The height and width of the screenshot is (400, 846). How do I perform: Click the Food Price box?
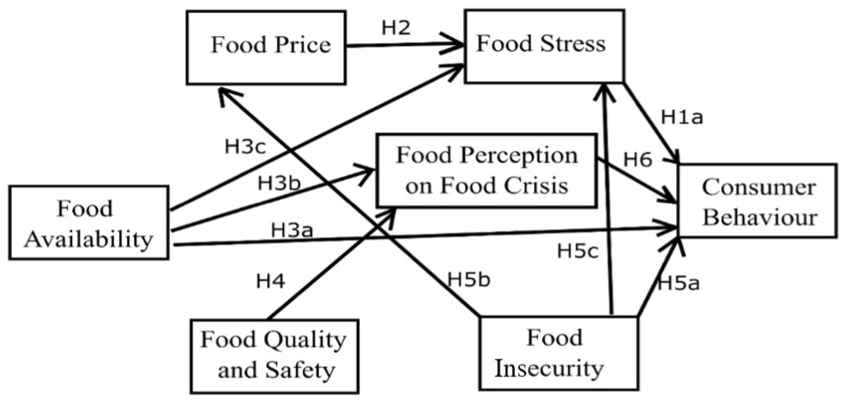266,48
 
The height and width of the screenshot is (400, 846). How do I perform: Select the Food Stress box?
544,46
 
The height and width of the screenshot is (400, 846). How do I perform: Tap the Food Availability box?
89,223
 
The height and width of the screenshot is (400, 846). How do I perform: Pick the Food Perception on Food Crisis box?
486,170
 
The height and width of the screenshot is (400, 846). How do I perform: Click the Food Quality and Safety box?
274,356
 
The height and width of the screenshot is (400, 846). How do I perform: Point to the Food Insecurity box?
558,353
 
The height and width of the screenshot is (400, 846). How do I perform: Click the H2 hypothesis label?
396,28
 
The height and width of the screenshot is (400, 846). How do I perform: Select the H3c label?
245,147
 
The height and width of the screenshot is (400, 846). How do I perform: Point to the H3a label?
292,230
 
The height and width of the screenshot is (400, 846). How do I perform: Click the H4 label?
270,282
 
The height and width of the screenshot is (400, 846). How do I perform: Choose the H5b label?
469,280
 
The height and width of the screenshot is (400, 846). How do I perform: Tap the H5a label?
679,284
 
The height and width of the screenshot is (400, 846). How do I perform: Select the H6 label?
637,160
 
